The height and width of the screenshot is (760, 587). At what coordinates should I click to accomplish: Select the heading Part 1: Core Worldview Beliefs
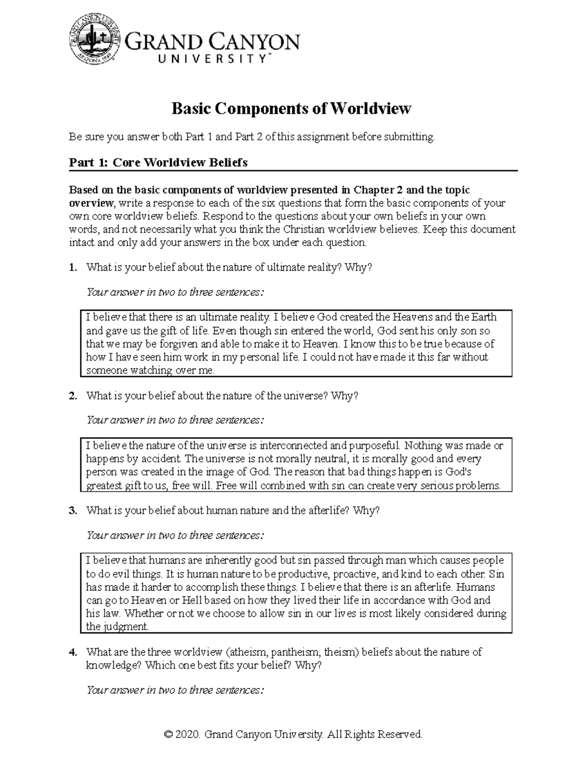pyautogui.click(x=158, y=162)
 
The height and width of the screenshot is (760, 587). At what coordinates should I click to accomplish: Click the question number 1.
pyautogui.click(x=72, y=267)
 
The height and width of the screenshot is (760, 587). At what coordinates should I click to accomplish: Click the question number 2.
pyautogui.click(x=72, y=396)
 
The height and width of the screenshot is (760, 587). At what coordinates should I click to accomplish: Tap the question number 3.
pyautogui.click(x=72, y=510)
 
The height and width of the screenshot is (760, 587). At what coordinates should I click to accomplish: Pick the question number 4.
pyautogui.click(x=72, y=652)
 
